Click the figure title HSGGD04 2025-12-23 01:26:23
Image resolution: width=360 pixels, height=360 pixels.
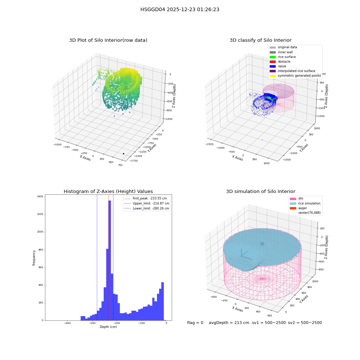(x=180, y=9)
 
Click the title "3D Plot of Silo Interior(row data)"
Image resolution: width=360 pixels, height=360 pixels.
(x=108, y=40)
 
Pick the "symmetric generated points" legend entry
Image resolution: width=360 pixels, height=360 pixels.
(x=295, y=76)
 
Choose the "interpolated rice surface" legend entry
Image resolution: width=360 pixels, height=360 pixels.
(x=292, y=71)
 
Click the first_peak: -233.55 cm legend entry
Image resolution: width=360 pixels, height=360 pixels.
(x=145, y=198)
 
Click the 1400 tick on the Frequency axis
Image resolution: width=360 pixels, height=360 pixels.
(x=40, y=197)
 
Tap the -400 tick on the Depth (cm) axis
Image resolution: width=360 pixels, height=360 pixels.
(x=67, y=323)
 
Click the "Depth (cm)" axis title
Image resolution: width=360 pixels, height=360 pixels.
(x=108, y=327)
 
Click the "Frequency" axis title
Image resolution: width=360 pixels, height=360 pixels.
(x=34, y=258)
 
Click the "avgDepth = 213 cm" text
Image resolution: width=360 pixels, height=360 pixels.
(x=229, y=323)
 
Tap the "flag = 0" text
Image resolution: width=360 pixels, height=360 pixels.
(x=195, y=323)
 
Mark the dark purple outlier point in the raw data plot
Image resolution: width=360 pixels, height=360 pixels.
(x=123, y=154)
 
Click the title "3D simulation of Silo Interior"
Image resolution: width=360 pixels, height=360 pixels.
(x=261, y=192)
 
